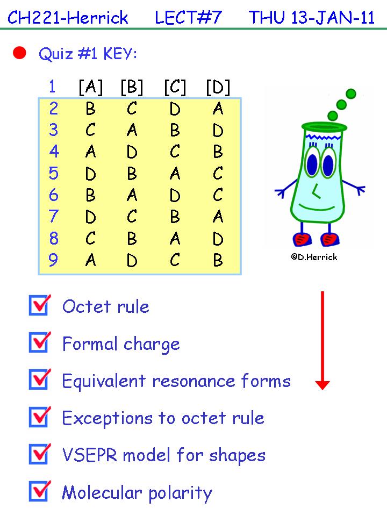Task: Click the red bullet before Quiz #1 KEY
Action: click(x=19, y=53)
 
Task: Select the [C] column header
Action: click(x=175, y=87)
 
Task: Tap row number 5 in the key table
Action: click(x=53, y=173)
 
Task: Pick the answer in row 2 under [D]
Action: click(x=218, y=109)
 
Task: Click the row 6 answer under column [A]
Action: click(x=90, y=195)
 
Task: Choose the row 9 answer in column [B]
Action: click(x=132, y=260)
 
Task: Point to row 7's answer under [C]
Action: click(x=175, y=217)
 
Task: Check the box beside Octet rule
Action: click(x=40, y=305)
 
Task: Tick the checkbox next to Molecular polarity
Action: click(x=40, y=491)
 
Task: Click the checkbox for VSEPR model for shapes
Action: click(x=40, y=454)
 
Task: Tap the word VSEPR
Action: click(x=90, y=455)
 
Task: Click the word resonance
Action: click(x=194, y=381)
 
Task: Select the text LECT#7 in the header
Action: click(x=188, y=17)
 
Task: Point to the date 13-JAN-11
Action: click(x=333, y=17)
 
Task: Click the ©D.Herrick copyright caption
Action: click(x=314, y=257)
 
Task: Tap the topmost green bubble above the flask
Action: click(x=351, y=94)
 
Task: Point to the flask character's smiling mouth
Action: click(x=317, y=207)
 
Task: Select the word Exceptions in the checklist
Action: click(x=107, y=419)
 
